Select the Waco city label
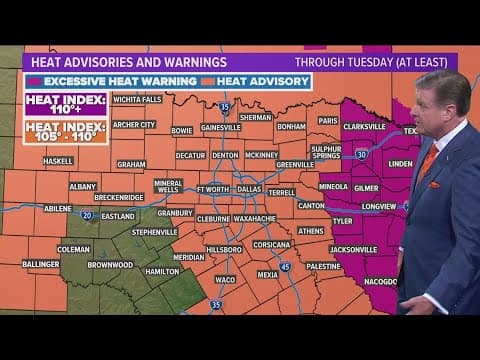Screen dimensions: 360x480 225,280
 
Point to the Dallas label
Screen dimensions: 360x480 249,188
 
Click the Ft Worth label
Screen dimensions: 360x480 213,188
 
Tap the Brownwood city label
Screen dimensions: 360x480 110,265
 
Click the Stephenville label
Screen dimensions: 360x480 155,231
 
